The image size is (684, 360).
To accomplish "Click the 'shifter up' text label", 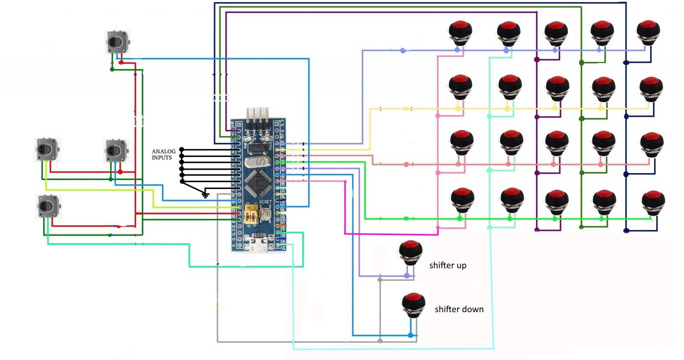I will point(448,266).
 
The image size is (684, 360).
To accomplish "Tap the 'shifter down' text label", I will point(459,309).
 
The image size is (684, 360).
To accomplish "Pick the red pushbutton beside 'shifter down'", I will point(413,304).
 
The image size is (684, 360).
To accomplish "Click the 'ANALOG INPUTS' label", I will point(163,154).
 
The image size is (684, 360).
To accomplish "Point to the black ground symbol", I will point(206,195).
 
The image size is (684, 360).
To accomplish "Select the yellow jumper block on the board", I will point(251,214).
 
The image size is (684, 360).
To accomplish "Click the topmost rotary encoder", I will point(117,42).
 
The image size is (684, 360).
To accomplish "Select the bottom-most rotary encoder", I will point(48,207).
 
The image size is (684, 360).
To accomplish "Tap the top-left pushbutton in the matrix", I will point(460,32).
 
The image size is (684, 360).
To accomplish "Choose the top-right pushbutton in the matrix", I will point(648,32).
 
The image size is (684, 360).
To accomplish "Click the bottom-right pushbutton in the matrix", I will point(653,202).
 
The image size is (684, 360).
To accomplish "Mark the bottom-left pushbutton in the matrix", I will point(462,200).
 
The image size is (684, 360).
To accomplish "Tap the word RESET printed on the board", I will point(265,202).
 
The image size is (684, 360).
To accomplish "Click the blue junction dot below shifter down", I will point(410,335).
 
